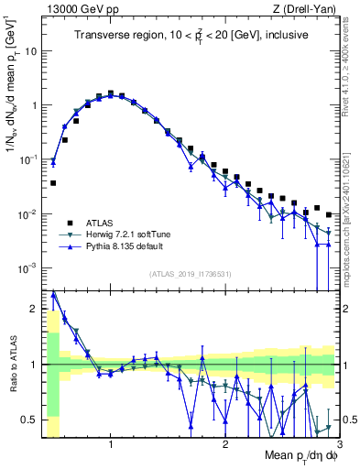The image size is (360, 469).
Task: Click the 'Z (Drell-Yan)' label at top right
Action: coord(307,8)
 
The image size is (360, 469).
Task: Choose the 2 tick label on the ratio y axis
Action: coord(35,309)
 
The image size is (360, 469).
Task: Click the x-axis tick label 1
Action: coord(111,445)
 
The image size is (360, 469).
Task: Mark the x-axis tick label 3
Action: coord(338,445)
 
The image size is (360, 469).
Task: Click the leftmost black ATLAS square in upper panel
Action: coord(53,183)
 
